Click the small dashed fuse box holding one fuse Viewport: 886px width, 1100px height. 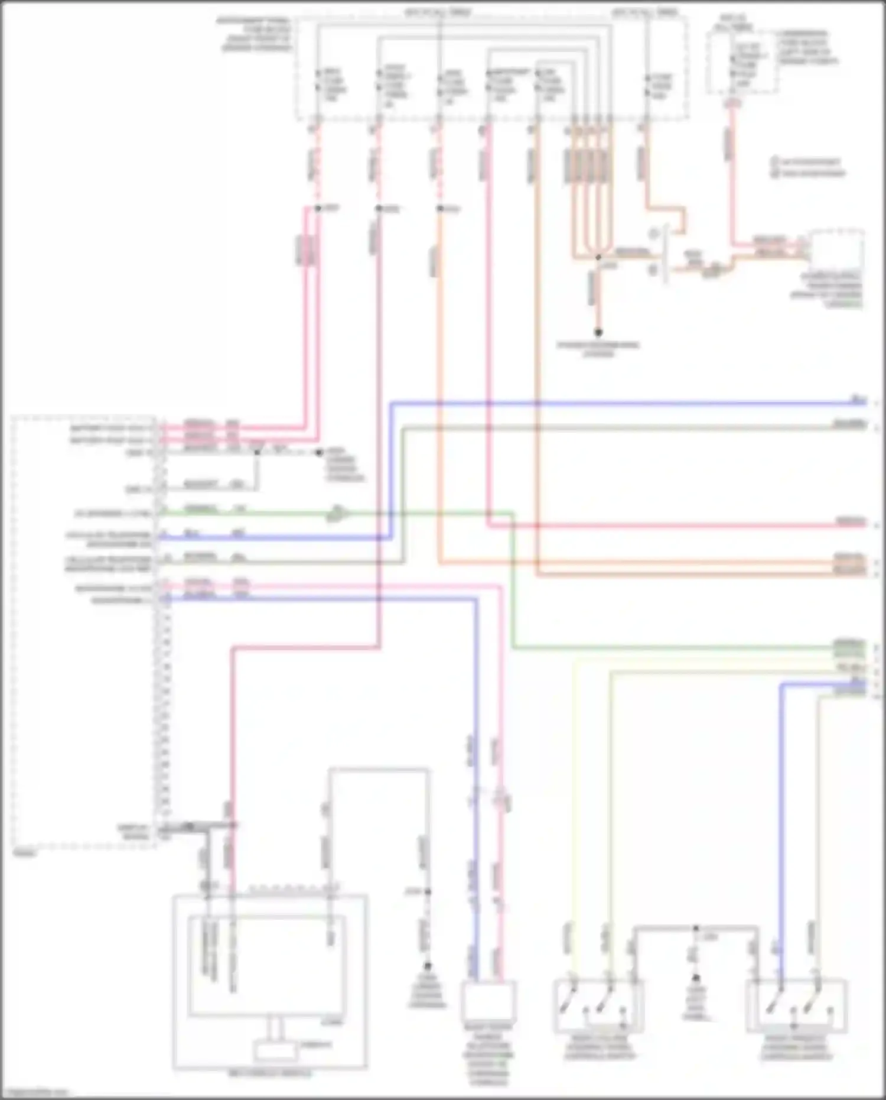pyautogui.click(x=741, y=62)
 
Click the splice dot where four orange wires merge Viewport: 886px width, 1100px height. pyautogui.click(x=598, y=257)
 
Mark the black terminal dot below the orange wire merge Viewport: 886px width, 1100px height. pyautogui.click(x=598, y=332)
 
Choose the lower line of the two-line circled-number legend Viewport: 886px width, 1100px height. pyautogui.click(x=809, y=173)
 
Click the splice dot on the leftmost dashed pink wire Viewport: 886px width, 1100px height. pyautogui.click(x=317, y=208)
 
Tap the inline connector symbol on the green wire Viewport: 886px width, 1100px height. pyautogui.click(x=335, y=513)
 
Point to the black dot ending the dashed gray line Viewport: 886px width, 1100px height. pyautogui.click(x=318, y=453)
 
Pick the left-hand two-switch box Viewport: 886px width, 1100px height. pyautogui.click(x=598, y=1005)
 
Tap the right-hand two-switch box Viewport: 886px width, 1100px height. pyautogui.click(x=796, y=1005)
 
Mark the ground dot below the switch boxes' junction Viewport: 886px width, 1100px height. pyautogui.click(x=695, y=978)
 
